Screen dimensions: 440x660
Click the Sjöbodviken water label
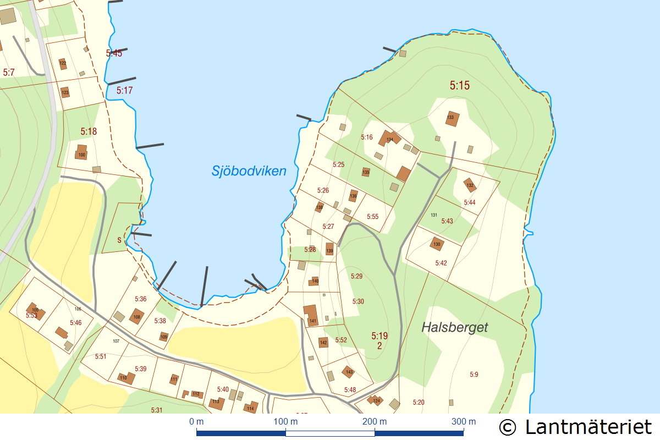[249, 171]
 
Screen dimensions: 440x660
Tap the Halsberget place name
[455, 327]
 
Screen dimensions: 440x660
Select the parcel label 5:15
[460, 86]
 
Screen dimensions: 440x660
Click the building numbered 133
[452, 118]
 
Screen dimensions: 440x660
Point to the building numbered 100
[81, 152]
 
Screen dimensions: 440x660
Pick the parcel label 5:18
[89, 131]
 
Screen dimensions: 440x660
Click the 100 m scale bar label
[286, 422]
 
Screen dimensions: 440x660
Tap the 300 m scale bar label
[464, 422]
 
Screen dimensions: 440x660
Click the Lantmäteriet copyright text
[575, 427]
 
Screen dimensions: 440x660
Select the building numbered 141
[311, 316]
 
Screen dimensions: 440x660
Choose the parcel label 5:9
[474, 375]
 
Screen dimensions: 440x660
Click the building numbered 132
[469, 184]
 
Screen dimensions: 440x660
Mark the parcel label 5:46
[75, 323]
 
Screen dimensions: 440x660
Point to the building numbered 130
[437, 244]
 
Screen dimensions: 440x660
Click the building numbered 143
[349, 372]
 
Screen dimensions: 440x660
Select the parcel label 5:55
[372, 217]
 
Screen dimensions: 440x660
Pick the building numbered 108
[136, 316]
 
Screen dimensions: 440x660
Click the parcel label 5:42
[441, 263]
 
